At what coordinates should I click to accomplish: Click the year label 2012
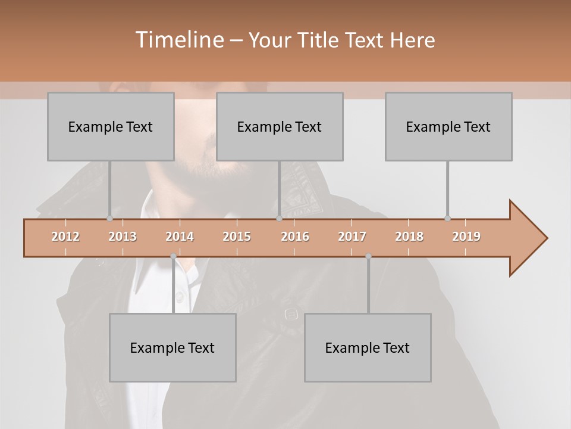65,237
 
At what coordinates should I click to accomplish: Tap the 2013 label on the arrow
123,237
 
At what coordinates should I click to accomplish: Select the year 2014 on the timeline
180,237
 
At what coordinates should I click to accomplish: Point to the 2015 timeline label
237,237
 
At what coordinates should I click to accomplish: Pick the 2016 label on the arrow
295,237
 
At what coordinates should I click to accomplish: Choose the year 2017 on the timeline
352,237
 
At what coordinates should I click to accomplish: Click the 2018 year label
409,237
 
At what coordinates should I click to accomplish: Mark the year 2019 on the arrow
466,237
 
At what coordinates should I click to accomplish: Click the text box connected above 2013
111,126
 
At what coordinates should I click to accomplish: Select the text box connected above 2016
280,126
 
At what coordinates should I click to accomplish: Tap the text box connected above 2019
448,126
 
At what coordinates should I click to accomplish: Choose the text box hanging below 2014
172,347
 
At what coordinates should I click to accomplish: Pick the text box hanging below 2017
368,347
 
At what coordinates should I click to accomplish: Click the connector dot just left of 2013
109,218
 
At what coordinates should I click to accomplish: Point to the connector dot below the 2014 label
173,256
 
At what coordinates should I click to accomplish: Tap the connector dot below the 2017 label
368,256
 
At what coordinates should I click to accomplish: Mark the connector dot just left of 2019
447,218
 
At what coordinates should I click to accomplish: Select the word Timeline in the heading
178,40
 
